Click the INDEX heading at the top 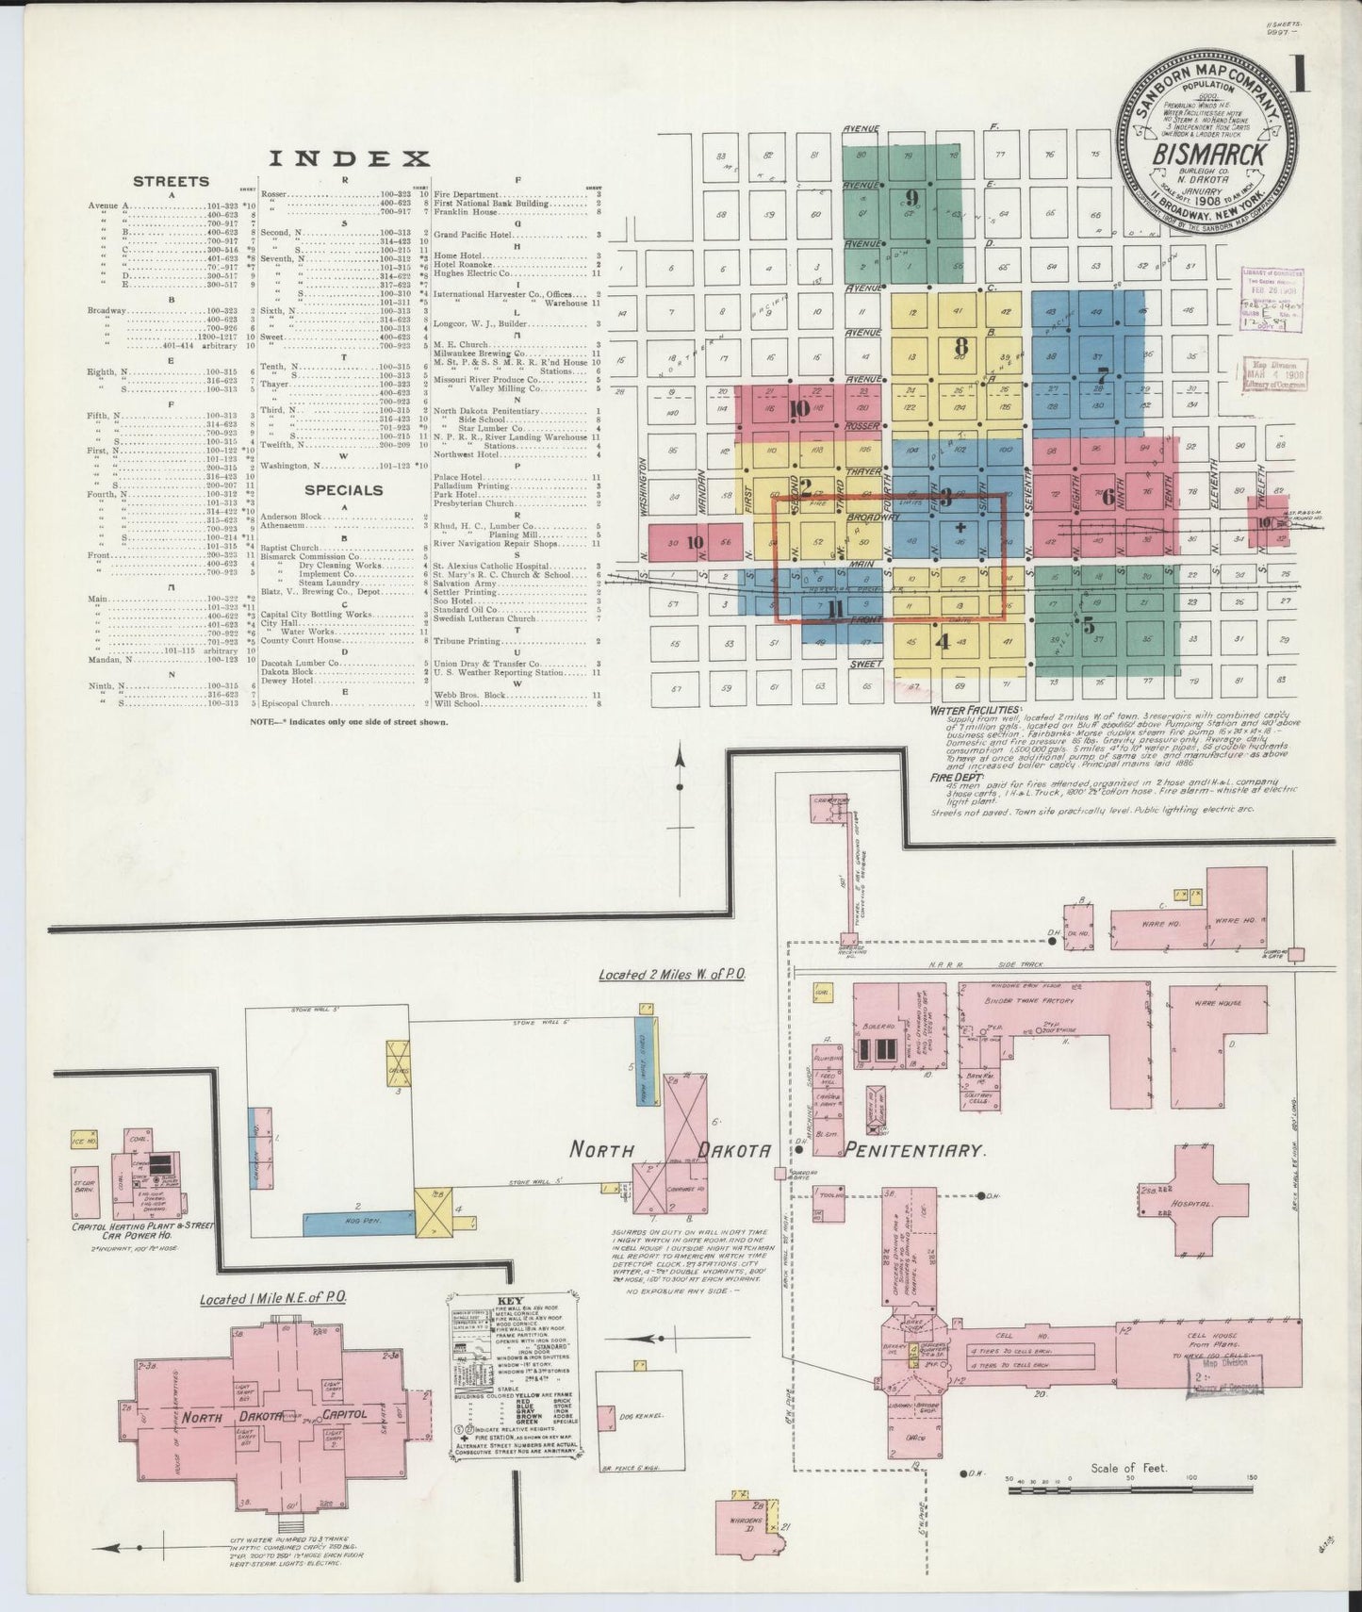[348, 158]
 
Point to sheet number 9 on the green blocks [911, 197]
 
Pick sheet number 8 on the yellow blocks [960, 344]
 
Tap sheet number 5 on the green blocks [1089, 624]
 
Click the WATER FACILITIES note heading [975, 709]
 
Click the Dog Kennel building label [645, 1416]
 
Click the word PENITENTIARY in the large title [915, 1150]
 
